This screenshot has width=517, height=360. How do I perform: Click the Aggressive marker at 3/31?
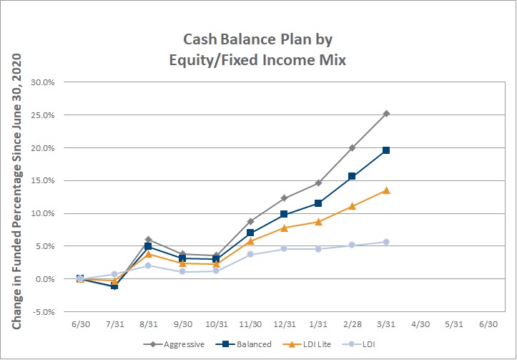pyautogui.click(x=386, y=114)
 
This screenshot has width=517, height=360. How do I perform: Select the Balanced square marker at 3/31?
pyautogui.click(x=386, y=150)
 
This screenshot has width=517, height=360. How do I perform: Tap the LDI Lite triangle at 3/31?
pyautogui.click(x=386, y=190)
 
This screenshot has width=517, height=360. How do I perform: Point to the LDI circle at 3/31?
pyautogui.click(x=386, y=242)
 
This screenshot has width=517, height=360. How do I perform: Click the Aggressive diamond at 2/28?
pyautogui.click(x=352, y=148)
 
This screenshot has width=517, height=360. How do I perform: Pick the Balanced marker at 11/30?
pyautogui.click(x=250, y=233)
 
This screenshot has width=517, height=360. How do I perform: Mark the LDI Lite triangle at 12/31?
pyautogui.click(x=284, y=228)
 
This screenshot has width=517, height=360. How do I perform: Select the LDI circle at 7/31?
pyautogui.click(x=114, y=274)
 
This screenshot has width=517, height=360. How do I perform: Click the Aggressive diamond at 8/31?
pyautogui.click(x=148, y=239)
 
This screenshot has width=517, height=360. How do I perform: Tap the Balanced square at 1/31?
pyautogui.click(x=318, y=203)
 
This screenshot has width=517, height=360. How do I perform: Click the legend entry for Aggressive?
pyautogui.click(x=174, y=344)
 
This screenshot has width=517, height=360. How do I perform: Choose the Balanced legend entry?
pyautogui.click(x=243, y=344)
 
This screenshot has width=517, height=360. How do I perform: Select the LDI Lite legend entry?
pyautogui.click(x=307, y=344)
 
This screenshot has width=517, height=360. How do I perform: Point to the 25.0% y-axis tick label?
pyautogui.click(x=42, y=115)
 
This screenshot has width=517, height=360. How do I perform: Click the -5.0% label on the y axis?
pyautogui.click(x=42, y=312)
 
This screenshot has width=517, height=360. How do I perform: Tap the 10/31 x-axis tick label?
pyautogui.click(x=216, y=324)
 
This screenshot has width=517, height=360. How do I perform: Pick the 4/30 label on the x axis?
pyautogui.click(x=420, y=324)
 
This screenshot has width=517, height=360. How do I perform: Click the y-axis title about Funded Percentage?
pyautogui.click(x=17, y=191)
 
